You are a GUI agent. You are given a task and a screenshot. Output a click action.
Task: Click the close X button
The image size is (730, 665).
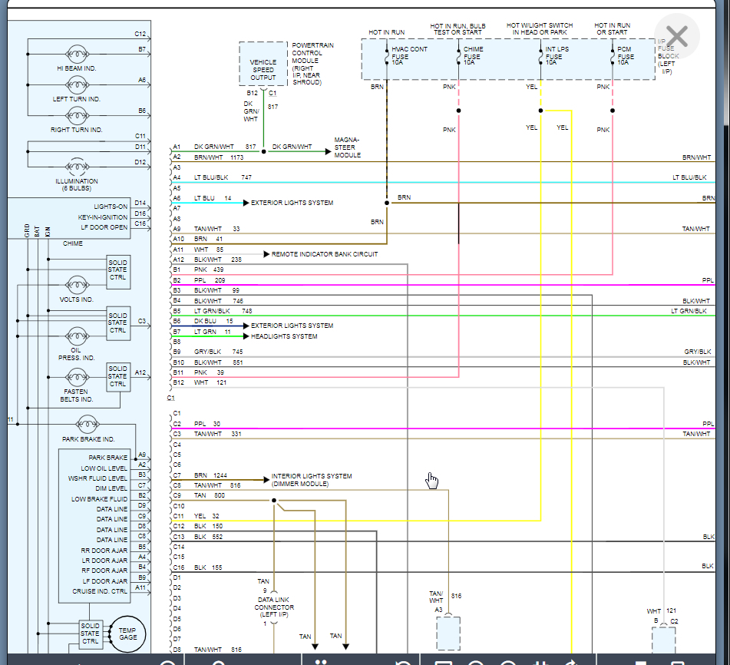pyautogui.click(x=676, y=37)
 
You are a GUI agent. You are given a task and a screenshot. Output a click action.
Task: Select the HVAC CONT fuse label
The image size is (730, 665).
pyautogui.click(x=409, y=55)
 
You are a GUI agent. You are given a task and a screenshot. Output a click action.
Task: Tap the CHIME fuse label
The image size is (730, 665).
pyautogui.click(x=473, y=55)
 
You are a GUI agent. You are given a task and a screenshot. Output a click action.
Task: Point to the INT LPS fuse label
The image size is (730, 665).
pyautogui.click(x=556, y=55)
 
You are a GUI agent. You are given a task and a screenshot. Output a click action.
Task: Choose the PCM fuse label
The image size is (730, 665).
pyautogui.click(x=626, y=55)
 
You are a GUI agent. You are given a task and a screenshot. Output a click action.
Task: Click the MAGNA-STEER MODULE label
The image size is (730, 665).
pyautogui.click(x=346, y=147)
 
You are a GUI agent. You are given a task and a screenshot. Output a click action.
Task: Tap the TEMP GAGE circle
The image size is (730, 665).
pyautogui.click(x=127, y=634)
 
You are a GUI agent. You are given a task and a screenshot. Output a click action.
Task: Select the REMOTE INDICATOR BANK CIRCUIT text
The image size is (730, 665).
pyautogui.click(x=324, y=254)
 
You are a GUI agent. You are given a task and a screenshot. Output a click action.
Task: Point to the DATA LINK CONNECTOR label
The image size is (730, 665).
pyautogui.click(x=275, y=607)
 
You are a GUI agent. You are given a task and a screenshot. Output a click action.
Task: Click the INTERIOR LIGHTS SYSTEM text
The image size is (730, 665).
pyautogui.click(x=311, y=479)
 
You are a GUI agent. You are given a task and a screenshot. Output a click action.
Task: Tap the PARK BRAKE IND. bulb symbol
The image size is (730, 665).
pyautogui.click(x=87, y=425)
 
